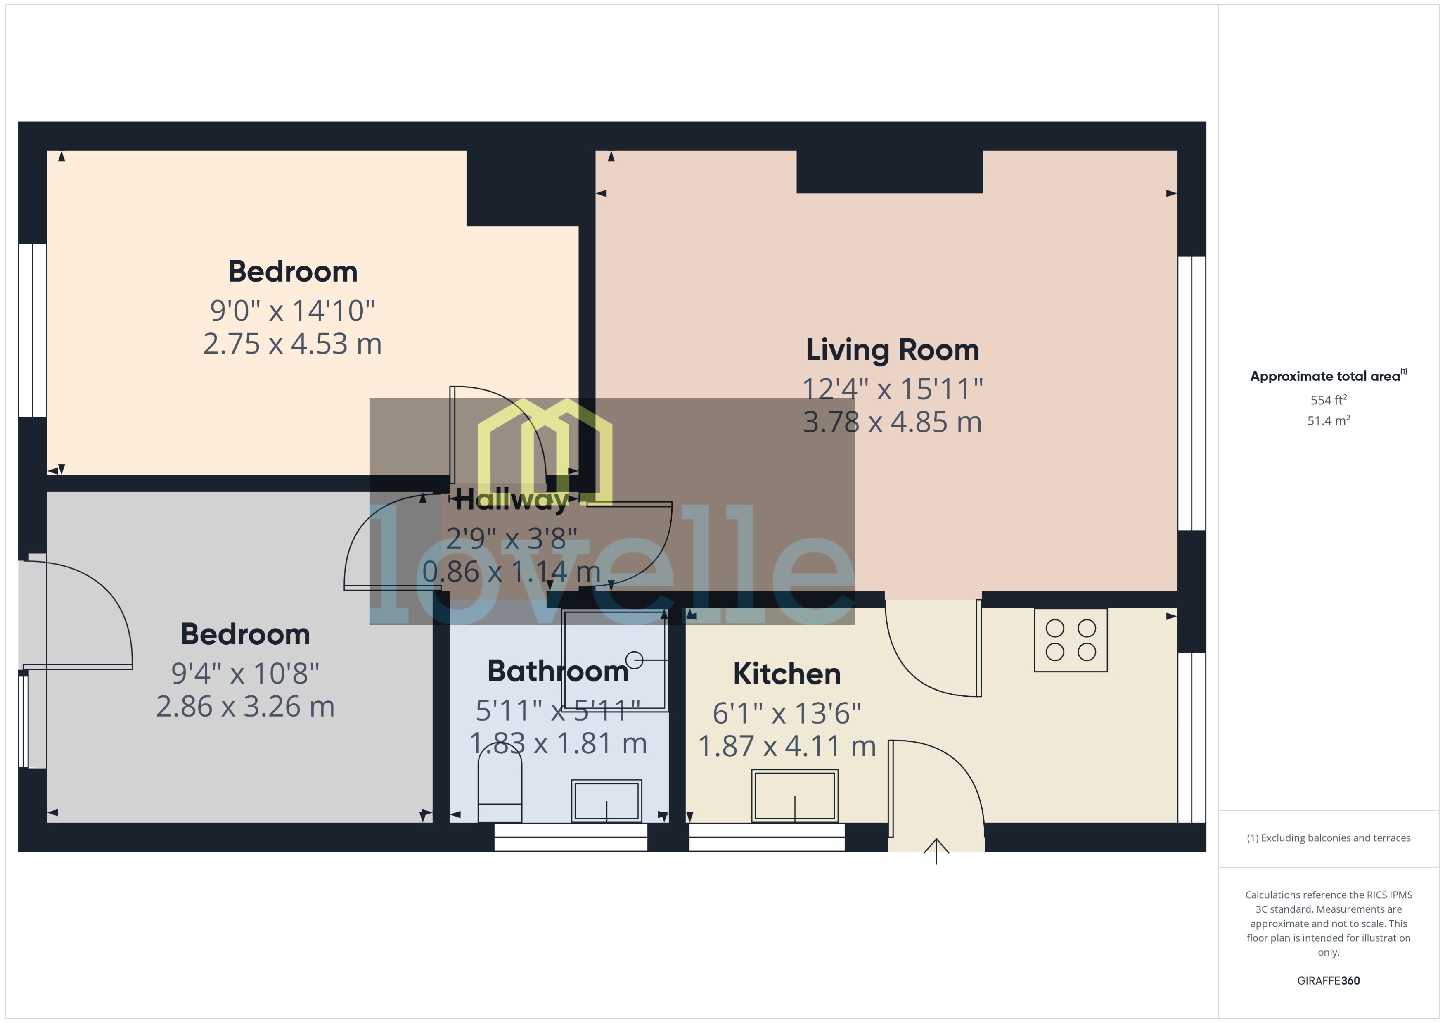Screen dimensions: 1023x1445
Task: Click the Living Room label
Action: (892, 350)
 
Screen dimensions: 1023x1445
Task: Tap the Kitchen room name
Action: (786, 674)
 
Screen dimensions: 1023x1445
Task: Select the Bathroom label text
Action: (558, 672)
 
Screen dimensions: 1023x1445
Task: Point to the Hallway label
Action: (511, 500)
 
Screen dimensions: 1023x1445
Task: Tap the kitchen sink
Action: (795, 795)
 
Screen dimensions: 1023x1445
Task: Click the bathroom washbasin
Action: (606, 801)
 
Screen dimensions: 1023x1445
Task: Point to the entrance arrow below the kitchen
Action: (936, 850)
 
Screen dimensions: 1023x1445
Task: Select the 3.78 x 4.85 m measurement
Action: (892, 422)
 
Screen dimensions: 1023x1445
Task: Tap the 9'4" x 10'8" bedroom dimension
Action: (245, 673)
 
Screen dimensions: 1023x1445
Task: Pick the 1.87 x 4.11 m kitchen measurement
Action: (786, 746)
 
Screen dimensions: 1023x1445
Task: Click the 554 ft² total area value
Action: (1329, 400)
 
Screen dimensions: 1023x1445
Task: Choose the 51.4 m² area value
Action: (1329, 420)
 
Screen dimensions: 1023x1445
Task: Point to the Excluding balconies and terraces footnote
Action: (1329, 838)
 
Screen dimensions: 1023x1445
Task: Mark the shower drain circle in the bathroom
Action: (635, 660)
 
